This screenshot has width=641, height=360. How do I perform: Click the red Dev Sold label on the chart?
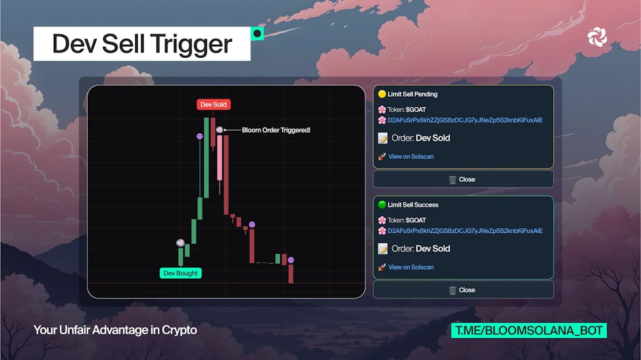(x=213, y=104)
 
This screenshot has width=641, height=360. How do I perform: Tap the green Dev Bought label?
(x=180, y=273)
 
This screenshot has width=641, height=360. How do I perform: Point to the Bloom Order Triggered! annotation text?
(x=276, y=130)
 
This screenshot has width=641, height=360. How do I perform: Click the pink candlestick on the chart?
(x=219, y=158)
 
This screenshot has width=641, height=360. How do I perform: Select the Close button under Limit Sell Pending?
(x=463, y=179)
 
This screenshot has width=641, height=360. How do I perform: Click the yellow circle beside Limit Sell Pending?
(x=382, y=94)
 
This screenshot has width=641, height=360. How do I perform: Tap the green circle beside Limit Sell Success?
(x=382, y=204)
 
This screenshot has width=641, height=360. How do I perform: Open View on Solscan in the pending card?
(x=411, y=156)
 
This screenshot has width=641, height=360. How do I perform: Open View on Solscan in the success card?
(x=411, y=267)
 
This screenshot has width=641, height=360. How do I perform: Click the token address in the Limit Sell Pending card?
(x=465, y=120)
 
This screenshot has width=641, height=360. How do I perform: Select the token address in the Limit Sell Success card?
(x=465, y=231)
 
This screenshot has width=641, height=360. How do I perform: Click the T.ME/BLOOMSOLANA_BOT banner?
(x=529, y=331)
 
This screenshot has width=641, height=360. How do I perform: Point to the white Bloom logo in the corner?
(x=597, y=37)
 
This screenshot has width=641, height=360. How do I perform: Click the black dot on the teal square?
(x=257, y=33)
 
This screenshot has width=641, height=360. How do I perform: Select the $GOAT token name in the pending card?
(x=416, y=110)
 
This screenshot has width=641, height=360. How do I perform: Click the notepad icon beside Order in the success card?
(x=383, y=249)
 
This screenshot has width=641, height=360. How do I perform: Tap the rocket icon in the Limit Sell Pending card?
(x=382, y=156)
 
